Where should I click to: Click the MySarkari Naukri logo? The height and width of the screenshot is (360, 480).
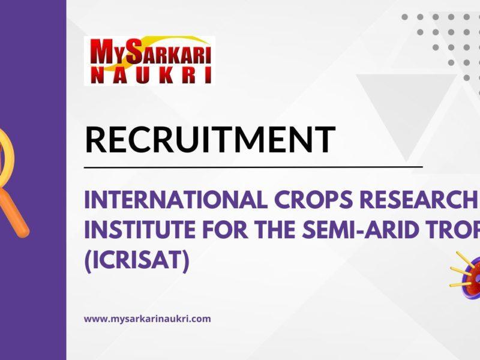tap(149, 61)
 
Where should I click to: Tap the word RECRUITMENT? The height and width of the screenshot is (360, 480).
tap(209, 139)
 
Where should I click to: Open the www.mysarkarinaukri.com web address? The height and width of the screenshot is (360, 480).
tap(147, 319)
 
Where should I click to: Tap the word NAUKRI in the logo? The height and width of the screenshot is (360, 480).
tap(149, 75)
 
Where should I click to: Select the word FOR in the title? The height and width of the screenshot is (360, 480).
tap(232, 231)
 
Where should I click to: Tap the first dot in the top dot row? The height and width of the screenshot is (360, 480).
tap(405, 17)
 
